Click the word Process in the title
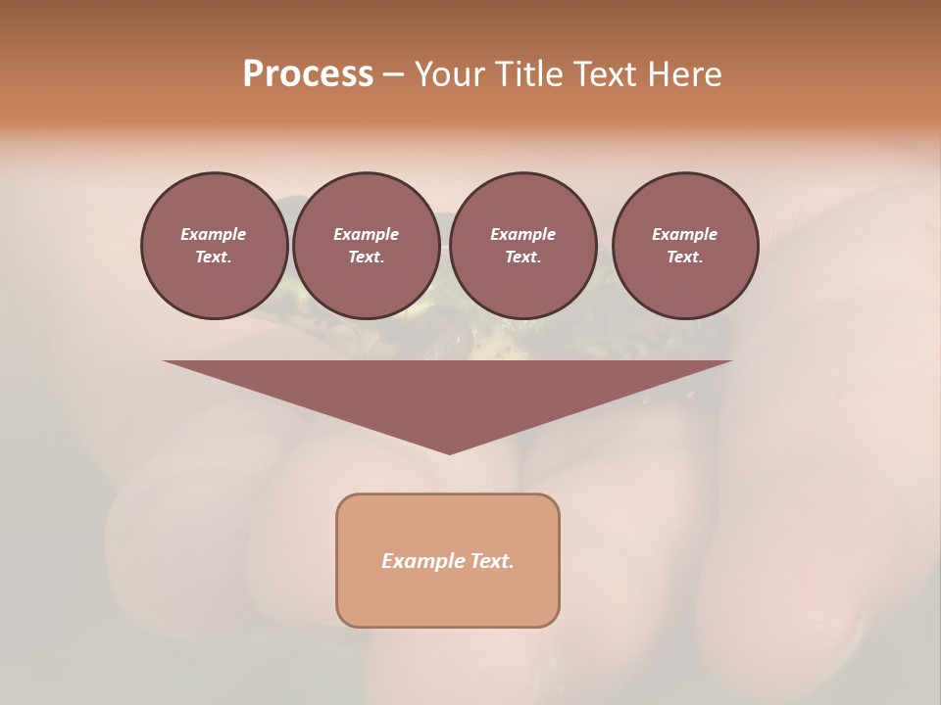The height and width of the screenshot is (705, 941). pos(308,74)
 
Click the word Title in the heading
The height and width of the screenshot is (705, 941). pos(525,74)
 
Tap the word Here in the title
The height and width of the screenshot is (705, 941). pos(682,74)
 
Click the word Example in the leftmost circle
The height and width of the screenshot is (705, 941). pos(214,234)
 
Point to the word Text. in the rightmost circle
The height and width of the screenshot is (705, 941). pos(685,258)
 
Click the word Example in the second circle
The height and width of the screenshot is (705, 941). pos(366,234)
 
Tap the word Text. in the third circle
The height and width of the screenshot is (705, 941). pos(522,258)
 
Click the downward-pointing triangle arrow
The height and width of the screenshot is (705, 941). pos(448,392)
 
